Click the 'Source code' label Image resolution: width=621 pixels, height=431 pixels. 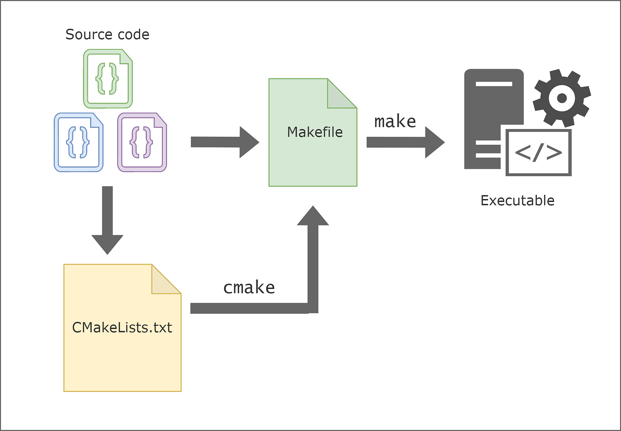pos(107,35)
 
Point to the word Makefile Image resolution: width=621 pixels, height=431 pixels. pos(314,132)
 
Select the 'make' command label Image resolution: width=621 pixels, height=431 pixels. pos(395,121)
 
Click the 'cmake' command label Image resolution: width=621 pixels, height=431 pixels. pos(249,288)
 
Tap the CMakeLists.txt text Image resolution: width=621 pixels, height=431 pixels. pos(122,328)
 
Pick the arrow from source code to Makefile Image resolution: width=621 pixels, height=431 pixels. pos(224,142)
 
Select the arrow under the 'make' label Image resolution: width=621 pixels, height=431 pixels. pos(405,142)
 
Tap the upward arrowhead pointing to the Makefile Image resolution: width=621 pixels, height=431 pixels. pos(313,217)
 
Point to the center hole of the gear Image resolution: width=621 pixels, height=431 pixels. pos(562,98)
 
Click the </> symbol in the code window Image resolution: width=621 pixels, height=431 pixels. pos(538,152)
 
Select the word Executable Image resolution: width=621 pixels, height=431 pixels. pos(517,201)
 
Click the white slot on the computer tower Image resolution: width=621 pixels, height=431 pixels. pos(494,84)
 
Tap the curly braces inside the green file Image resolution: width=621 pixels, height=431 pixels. pos(107,79)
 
